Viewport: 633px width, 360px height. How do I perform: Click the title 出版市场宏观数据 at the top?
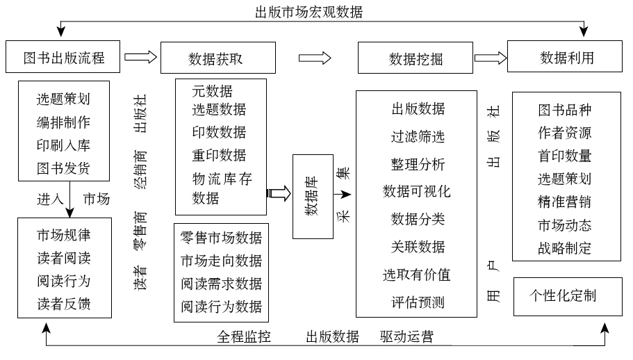309,12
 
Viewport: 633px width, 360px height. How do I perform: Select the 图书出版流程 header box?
63,57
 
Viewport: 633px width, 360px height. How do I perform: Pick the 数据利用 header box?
567,57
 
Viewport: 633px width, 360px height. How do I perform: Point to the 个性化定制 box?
563,295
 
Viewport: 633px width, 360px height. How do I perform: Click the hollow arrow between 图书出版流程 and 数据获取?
140,58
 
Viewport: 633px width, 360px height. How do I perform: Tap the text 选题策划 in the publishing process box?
63,99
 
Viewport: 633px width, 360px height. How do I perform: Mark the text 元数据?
213,91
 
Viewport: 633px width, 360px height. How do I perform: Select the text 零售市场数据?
222,238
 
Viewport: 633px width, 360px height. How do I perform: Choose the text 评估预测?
417,302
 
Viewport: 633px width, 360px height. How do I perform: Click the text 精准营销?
564,202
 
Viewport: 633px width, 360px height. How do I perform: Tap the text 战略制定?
564,248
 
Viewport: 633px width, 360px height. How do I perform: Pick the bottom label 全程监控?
244,337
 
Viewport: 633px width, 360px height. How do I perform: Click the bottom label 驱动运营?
406,337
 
